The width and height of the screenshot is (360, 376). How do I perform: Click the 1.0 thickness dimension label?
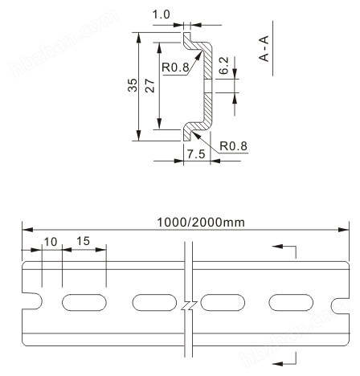(x=161, y=14)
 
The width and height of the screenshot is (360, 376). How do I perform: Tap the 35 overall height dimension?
(x=133, y=85)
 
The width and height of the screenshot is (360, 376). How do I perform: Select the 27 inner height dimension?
(x=150, y=85)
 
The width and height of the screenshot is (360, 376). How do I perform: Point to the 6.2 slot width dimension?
(x=223, y=65)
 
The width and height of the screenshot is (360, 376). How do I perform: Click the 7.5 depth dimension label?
(x=196, y=154)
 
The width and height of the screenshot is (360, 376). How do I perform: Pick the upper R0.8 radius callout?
(x=175, y=67)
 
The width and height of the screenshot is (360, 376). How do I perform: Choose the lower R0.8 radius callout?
(x=233, y=146)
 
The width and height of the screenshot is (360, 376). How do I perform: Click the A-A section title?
(x=264, y=48)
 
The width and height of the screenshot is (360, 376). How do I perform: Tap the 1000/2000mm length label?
(x=201, y=223)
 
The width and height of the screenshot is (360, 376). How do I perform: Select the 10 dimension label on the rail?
(x=51, y=242)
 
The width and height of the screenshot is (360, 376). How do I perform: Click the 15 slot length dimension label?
(x=83, y=241)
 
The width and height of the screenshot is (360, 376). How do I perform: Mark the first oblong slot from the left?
(x=84, y=302)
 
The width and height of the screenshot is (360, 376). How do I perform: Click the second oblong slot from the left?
(x=154, y=302)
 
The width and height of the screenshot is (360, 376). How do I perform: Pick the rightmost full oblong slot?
(x=291, y=302)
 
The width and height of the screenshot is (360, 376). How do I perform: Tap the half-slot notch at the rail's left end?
(x=32, y=301)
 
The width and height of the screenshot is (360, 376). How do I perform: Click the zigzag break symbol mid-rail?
(x=189, y=305)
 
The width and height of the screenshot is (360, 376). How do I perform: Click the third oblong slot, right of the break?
(x=223, y=302)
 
